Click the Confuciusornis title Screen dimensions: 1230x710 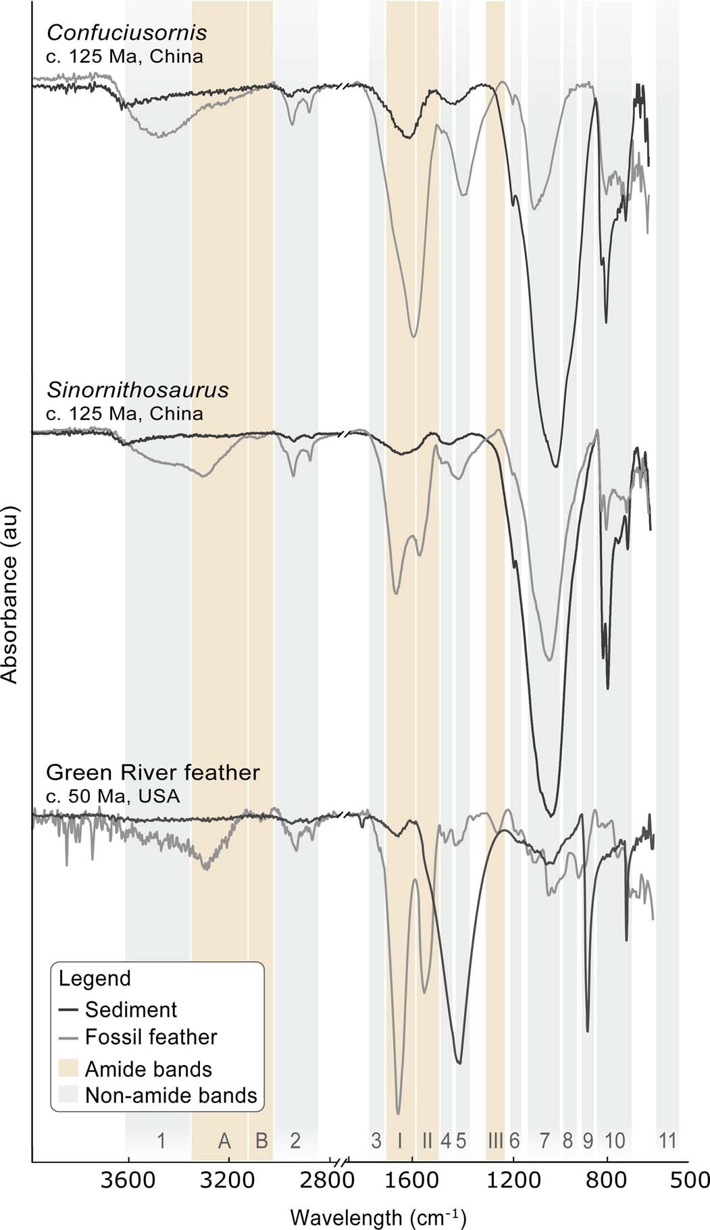coord(126,33)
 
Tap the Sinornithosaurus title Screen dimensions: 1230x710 coord(137,390)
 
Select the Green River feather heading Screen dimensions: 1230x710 coord(153,772)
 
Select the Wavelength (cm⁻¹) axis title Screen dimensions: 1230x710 coord(378,1200)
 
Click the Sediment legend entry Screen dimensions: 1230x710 coord(130,1010)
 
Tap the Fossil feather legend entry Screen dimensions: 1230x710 coord(151,1037)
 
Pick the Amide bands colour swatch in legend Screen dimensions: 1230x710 coord(68,1069)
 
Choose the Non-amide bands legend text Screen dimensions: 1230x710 coord(171,1095)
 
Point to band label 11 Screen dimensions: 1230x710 coord(667,1141)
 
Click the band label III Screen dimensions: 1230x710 coord(495,1141)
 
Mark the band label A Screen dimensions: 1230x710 coord(224,1141)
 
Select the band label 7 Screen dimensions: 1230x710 coord(544,1141)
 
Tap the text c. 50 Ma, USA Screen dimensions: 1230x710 coord(113,796)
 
